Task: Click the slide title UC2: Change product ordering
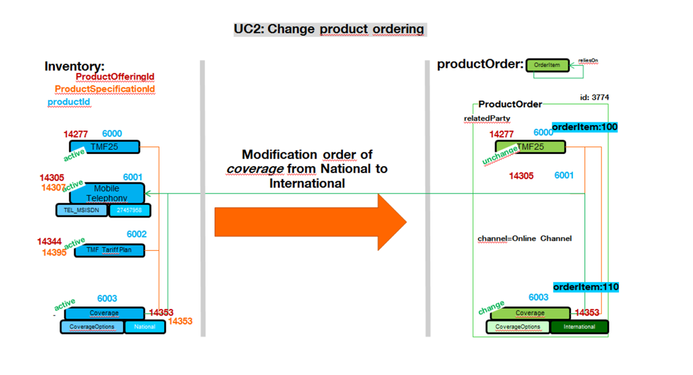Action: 329,29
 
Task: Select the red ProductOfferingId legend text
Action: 115,77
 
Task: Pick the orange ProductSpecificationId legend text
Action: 105,89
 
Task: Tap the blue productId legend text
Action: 69,102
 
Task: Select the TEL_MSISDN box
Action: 81,211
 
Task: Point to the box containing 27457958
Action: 129,211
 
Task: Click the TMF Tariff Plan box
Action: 109,250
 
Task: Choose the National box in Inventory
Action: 144,327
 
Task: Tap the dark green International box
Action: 579,327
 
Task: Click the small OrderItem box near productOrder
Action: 546,65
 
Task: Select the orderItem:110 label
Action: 586,287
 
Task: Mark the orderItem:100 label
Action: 584,127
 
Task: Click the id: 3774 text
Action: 594,97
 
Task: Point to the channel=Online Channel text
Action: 524,238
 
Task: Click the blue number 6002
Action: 137,234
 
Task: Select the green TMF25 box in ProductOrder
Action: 530,147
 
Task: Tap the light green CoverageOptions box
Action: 518,327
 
